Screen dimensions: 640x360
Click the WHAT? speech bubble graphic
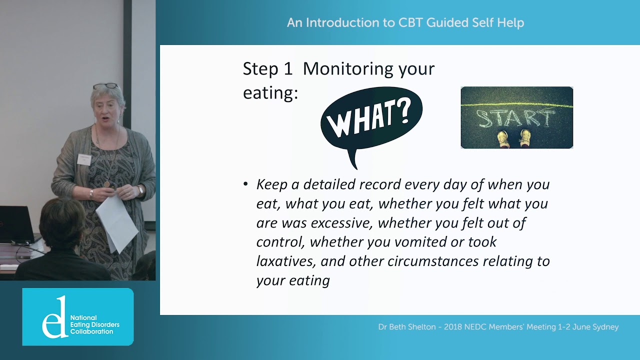(371, 123)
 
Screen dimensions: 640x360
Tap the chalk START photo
(517, 117)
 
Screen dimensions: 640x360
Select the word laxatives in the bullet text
(286, 261)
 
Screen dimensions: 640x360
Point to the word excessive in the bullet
(341, 223)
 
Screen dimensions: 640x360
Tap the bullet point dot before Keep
(245, 184)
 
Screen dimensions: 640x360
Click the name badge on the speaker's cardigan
(84, 159)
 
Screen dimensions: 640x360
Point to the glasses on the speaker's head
(105, 85)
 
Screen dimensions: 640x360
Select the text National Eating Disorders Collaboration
(95, 324)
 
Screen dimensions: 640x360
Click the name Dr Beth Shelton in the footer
(407, 327)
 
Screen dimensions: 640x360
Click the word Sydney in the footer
(605, 327)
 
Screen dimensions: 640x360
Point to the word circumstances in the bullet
(433, 261)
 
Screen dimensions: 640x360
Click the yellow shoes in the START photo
(514, 138)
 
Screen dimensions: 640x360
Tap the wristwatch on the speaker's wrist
(140, 189)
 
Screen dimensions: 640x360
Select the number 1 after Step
(288, 69)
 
